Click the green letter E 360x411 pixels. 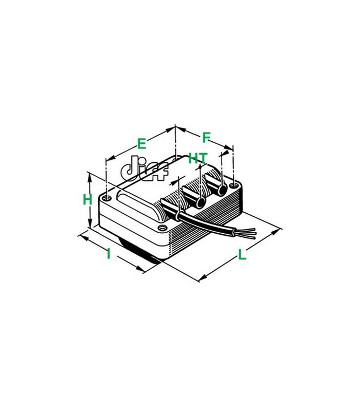141,144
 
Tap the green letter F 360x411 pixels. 207,137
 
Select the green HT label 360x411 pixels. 198,158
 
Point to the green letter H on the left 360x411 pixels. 87,200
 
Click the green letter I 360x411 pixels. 109,254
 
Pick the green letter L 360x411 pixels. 242,255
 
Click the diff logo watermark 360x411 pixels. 145,169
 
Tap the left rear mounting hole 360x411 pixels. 106,198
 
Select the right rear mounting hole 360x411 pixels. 233,186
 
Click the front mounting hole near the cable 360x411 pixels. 163,228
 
